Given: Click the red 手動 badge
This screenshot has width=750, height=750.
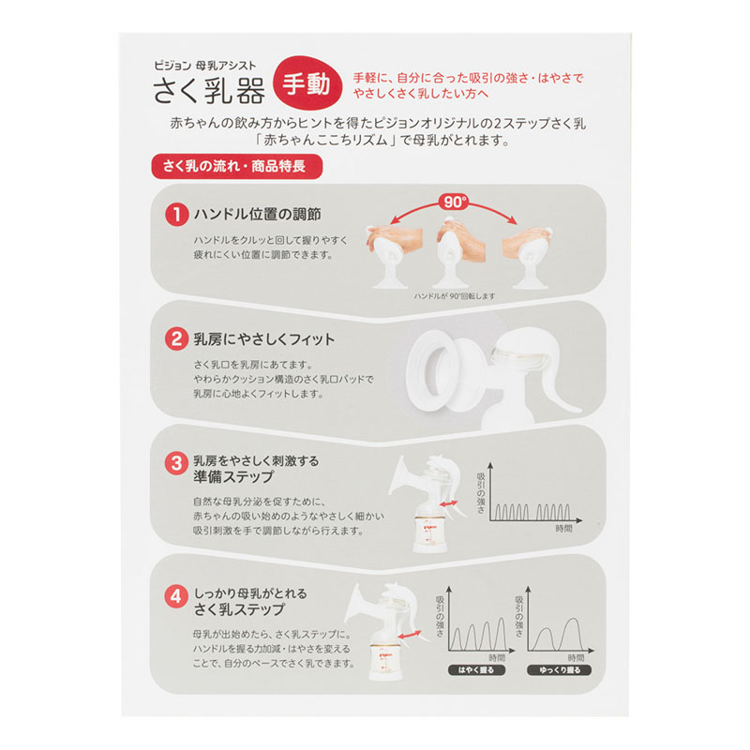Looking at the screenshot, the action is coord(307,83).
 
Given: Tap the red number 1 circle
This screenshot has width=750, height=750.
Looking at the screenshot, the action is coord(176,215).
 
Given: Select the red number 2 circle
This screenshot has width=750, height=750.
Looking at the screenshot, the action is coord(176,339).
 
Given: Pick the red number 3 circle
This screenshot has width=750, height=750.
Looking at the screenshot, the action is coord(176,463).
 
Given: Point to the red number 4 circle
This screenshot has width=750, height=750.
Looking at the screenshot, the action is coord(176,597).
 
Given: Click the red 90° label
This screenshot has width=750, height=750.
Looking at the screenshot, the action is coord(455,202).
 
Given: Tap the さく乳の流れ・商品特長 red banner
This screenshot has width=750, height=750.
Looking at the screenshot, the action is coord(237,167).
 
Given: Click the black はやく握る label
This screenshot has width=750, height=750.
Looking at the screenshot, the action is coord(476,669).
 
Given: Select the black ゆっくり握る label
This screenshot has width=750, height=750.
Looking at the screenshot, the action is coord(559,669).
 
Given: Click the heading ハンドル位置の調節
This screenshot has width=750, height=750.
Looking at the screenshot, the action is coord(257,215).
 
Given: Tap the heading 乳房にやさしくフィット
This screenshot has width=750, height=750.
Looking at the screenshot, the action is coord(264,339).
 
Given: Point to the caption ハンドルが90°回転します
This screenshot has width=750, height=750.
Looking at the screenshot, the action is coord(455,296).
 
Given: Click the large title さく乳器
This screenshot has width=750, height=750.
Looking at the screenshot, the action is coord(209,90).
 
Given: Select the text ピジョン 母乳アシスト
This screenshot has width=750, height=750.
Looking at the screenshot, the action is coord(204,66).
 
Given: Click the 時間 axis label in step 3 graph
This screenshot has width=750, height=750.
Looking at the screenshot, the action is coord(564,529).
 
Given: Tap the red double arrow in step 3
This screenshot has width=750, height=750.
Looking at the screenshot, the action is coord(449,504).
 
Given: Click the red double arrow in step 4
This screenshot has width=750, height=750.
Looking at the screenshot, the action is coord(410,637).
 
